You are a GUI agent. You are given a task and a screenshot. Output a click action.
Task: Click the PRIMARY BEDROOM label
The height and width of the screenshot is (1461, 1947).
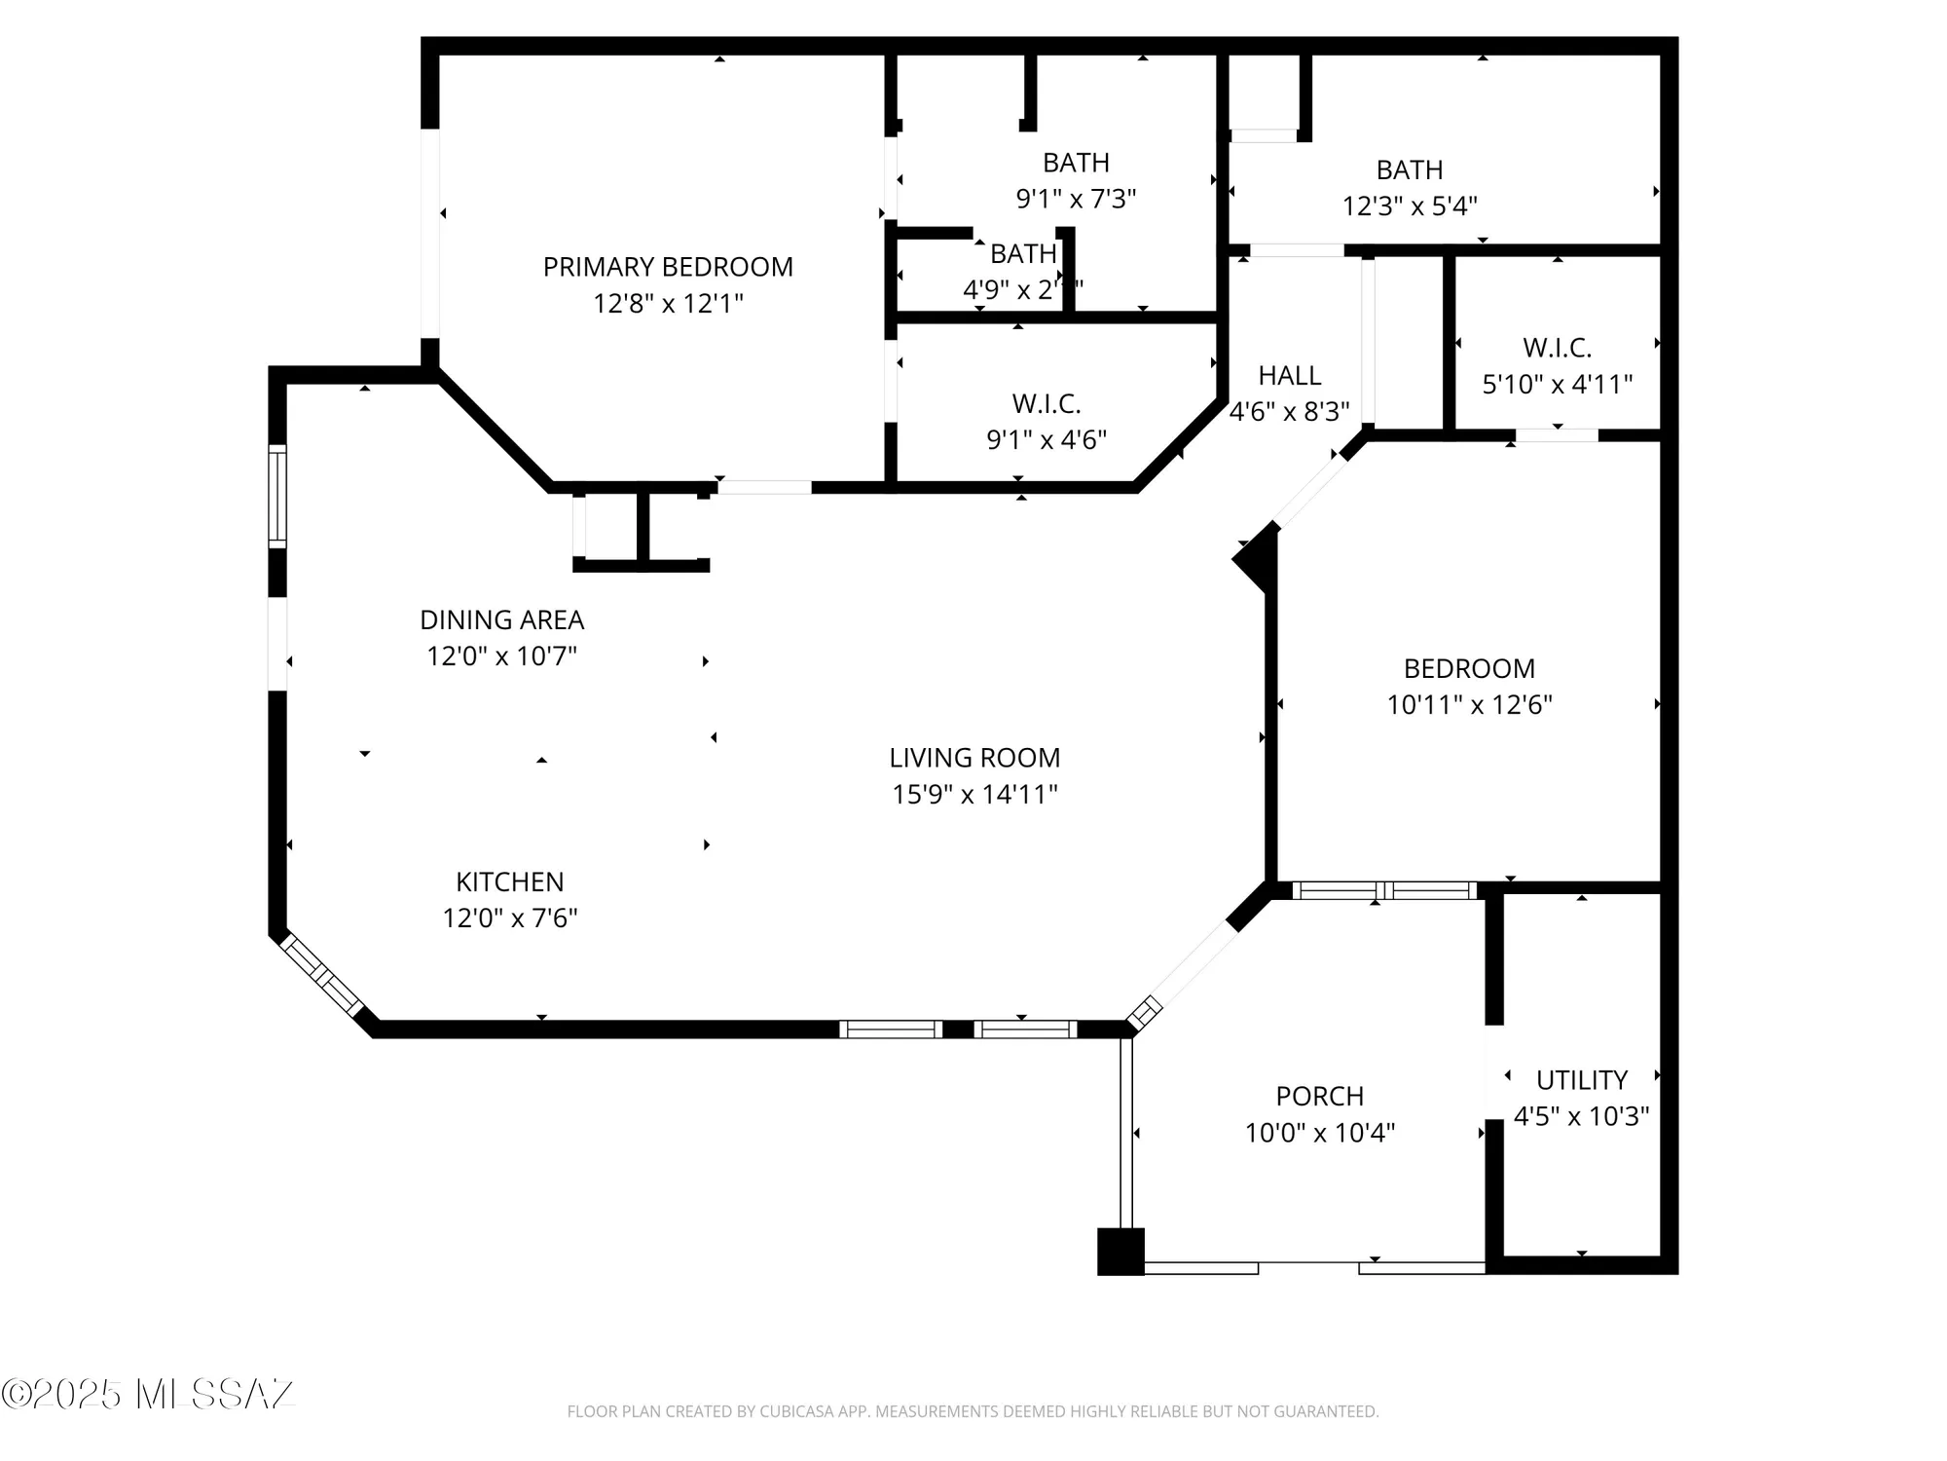pyautogui.click(x=668, y=267)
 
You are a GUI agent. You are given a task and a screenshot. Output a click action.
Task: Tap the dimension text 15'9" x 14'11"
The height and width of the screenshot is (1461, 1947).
pyautogui.click(x=974, y=795)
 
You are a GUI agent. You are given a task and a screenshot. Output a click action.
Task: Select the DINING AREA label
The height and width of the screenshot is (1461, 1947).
pyautogui.click(x=501, y=619)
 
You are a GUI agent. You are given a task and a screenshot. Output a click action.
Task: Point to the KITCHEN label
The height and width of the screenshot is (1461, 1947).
pyautogui.click(x=509, y=881)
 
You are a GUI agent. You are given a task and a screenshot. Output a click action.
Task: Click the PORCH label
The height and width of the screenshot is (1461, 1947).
pyautogui.click(x=1319, y=1096)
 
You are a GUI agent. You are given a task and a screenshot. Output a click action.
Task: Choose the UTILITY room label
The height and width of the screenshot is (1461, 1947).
pyautogui.click(x=1581, y=1079)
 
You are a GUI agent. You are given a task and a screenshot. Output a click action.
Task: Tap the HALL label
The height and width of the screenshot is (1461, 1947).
pyautogui.click(x=1289, y=375)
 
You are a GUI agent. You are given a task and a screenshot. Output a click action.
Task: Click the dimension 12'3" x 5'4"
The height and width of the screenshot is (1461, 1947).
pyautogui.click(x=1410, y=206)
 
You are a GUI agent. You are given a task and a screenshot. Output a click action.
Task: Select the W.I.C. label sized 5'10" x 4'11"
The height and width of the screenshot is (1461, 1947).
pyautogui.click(x=1557, y=348)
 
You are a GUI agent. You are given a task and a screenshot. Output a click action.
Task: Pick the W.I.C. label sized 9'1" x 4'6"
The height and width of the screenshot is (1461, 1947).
pyautogui.click(x=1046, y=403)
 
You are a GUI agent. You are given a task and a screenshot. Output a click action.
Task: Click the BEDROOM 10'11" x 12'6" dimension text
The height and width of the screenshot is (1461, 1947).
pyautogui.click(x=1469, y=704)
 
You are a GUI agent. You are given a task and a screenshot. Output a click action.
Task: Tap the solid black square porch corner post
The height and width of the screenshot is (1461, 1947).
pyautogui.click(x=1120, y=1252)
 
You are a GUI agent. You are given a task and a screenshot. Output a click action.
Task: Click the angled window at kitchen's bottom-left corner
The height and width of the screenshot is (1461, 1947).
pyautogui.click(x=321, y=976)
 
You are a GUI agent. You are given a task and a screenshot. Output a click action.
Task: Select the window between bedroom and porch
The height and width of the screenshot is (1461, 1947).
pyautogui.click(x=1383, y=890)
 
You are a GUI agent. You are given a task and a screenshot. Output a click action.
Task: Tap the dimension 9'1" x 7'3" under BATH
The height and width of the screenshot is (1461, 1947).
pyautogui.click(x=1076, y=199)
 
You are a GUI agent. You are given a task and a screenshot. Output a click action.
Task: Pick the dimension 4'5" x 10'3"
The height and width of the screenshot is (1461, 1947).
pyautogui.click(x=1581, y=1116)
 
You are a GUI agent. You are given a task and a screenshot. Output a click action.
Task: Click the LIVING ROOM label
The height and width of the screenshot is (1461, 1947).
pyautogui.click(x=974, y=758)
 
